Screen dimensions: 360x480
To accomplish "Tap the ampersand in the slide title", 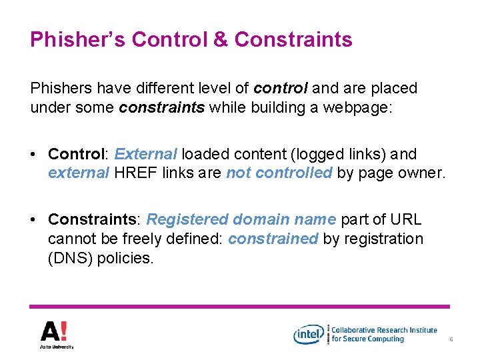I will tap(221, 40).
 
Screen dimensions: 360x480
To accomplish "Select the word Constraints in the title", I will tap(293, 40).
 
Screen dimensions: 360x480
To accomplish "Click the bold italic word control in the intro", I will tap(281, 88).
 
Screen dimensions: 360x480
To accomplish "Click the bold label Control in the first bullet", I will tap(76, 154).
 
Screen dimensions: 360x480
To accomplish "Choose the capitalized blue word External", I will tap(145, 154).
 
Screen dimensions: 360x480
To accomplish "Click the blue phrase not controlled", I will tap(279, 173).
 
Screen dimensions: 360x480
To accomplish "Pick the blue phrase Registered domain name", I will tap(241, 219).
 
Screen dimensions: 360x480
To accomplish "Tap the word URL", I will tap(405, 219).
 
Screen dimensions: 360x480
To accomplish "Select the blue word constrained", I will tap(273, 239).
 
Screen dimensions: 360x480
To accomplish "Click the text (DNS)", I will tap(70, 258).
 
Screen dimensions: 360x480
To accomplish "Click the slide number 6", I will tap(451, 340).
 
